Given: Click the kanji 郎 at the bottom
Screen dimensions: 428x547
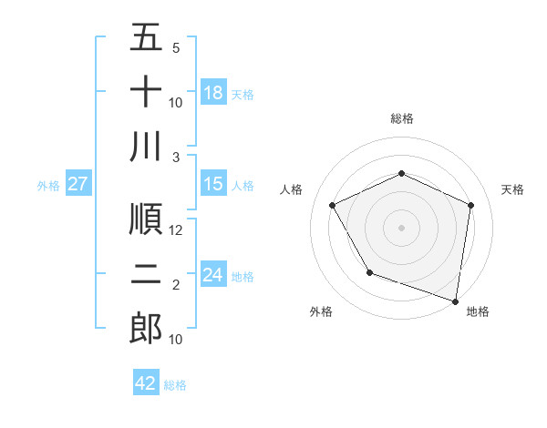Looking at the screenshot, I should [x=146, y=328].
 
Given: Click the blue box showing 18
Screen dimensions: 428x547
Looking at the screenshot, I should [x=213, y=93].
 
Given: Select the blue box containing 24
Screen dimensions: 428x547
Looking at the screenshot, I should [x=213, y=275].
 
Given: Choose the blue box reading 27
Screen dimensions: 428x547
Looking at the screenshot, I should [x=78, y=185].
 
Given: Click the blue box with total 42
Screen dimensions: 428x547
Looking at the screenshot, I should [x=146, y=383].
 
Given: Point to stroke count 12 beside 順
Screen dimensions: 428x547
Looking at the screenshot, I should [x=176, y=230].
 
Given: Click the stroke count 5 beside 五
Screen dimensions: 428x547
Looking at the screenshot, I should [x=176, y=48].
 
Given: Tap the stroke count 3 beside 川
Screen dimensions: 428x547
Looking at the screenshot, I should [x=176, y=157].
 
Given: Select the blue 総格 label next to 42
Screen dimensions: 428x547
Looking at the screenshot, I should [x=175, y=385].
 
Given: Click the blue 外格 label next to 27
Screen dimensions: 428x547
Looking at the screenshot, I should [x=48, y=186].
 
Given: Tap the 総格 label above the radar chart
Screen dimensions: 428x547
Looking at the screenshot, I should [x=401, y=118].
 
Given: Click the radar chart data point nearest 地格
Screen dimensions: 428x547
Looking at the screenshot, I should [x=455, y=301].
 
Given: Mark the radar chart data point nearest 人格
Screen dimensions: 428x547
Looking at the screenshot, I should [x=333, y=206].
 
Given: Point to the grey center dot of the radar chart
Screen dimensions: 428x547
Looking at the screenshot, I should [x=401, y=227].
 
